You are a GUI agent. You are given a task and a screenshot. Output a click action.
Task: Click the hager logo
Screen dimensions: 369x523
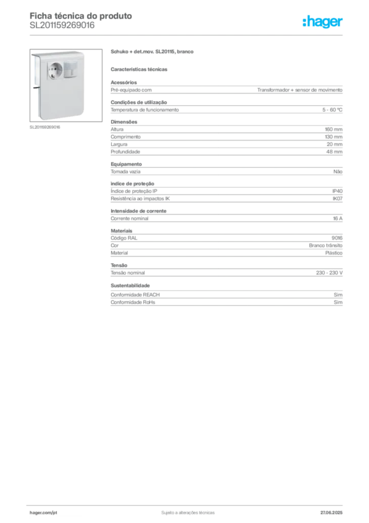[x=323, y=22]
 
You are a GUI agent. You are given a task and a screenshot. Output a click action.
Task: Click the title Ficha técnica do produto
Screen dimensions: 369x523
[x=81, y=16]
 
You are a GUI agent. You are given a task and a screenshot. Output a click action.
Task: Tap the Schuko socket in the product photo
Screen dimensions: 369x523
[x=55, y=71]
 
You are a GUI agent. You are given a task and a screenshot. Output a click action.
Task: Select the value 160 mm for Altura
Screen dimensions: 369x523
[x=334, y=129]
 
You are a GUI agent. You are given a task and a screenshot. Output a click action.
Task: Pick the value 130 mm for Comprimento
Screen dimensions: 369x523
[x=334, y=137]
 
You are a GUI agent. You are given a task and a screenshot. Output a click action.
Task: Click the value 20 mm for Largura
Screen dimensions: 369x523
[x=334, y=145]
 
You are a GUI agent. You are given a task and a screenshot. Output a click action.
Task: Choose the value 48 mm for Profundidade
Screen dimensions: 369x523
[x=334, y=152]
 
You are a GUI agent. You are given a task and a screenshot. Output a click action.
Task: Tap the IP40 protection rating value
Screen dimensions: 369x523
[x=337, y=191]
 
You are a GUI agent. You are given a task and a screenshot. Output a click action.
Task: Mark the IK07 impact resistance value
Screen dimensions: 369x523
[x=337, y=199]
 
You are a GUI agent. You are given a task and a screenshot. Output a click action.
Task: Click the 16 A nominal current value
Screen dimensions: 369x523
[x=338, y=219]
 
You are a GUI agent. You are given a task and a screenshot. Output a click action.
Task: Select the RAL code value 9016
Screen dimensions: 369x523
[x=337, y=238]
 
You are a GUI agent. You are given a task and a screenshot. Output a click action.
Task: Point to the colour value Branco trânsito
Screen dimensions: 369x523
[x=326, y=246]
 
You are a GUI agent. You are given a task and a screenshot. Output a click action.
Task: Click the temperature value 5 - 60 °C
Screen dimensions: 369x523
[x=332, y=110]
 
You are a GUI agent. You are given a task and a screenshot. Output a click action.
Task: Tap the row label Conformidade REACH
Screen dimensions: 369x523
[x=135, y=295]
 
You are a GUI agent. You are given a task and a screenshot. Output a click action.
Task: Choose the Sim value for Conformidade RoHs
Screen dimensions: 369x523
[x=338, y=302]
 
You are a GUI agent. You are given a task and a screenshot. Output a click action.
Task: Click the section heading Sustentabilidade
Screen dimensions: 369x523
[x=130, y=286]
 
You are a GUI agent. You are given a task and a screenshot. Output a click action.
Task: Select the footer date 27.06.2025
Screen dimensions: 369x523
[x=331, y=513]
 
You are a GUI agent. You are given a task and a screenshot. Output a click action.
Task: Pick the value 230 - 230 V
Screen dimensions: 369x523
[x=329, y=273]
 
